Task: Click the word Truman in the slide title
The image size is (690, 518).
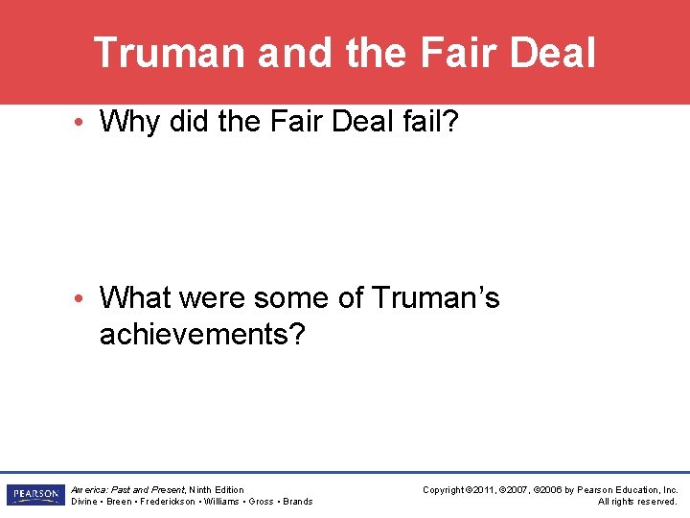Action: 170,53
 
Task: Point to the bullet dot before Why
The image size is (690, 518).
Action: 86,123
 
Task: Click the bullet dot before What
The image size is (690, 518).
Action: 86,298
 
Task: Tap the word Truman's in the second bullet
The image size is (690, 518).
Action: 433,298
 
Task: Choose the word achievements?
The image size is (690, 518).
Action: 200,335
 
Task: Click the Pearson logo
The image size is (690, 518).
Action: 34,495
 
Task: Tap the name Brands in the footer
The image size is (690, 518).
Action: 297,501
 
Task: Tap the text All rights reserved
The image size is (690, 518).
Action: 637,501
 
